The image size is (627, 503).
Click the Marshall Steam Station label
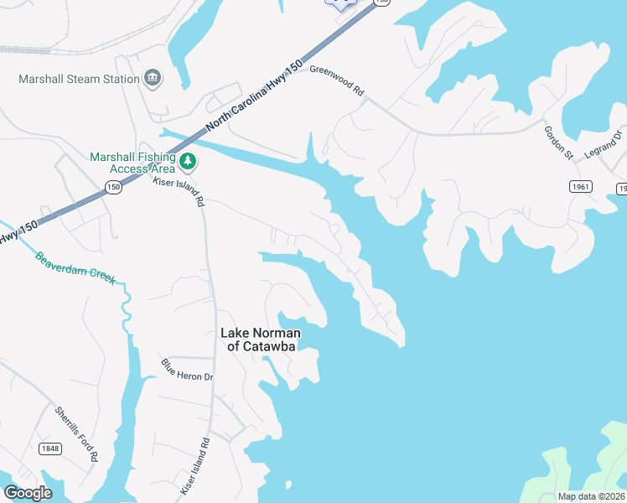pos(79,80)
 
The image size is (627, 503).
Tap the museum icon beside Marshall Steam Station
pos(153,79)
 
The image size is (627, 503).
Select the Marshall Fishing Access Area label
pos(132,162)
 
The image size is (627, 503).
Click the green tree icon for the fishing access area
pos(189,159)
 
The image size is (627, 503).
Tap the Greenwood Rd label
pos(337,80)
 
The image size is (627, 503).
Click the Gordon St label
pos(557,143)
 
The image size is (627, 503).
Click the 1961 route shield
pos(579,187)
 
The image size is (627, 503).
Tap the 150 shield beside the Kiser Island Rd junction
pos(114,187)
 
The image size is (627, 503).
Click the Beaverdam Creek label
pos(75,268)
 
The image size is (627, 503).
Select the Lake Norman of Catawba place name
pos(260,339)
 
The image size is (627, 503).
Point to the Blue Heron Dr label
pos(187,370)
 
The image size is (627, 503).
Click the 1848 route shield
pos(49,449)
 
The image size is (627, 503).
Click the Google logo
pos(28,492)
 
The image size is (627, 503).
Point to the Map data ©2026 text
pos(590,496)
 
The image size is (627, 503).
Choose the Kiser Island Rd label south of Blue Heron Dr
pos(194,465)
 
